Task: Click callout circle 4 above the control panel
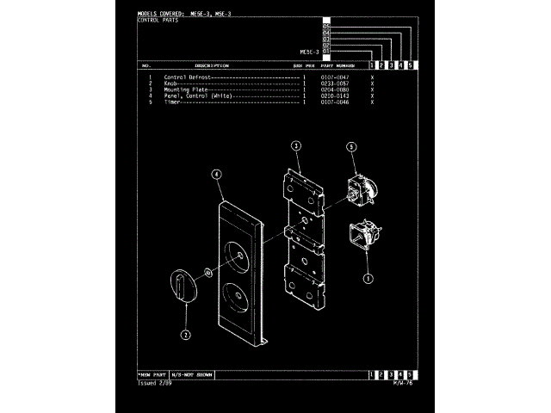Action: pos(216,173)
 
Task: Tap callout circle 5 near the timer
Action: pos(351,147)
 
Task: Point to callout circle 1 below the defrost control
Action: pos(368,278)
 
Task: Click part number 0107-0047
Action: pos(334,77)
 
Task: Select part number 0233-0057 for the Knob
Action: pos(334,83)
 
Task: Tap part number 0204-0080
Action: pos(334,89)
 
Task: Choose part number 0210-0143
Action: pos(334,96)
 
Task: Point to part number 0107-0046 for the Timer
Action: pos(334,102)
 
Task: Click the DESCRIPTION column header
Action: pos(211,65)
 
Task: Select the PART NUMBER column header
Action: pos(337,65)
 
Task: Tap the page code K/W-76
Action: pos(403,384)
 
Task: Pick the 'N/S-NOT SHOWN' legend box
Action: pos(191,376)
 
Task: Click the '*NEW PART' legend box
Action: pos(152,376)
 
